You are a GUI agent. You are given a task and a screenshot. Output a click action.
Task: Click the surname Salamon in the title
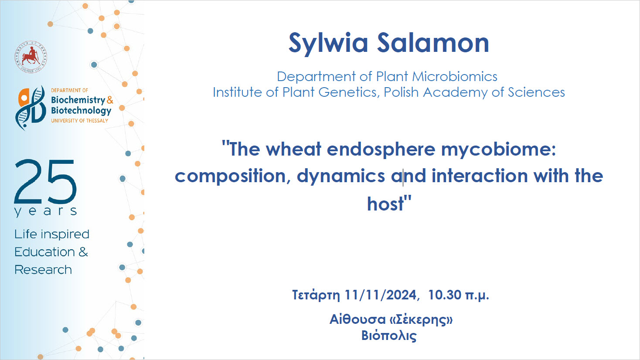point(433,43)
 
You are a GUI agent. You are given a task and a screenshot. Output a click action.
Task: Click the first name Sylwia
point(328,44)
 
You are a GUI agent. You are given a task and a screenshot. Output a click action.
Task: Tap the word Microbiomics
point(455,77)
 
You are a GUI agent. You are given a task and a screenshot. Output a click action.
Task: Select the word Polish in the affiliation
point(401,92)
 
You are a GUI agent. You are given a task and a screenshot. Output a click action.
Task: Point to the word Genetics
point(349,92)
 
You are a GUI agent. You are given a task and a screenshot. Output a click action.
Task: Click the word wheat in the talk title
point(294,149)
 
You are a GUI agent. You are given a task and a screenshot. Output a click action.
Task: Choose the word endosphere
point(381,150)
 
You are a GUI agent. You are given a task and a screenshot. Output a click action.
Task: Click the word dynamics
point(341,176)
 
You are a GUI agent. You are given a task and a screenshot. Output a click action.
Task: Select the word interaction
point(480,176)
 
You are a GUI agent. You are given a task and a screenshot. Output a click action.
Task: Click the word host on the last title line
point(385,204)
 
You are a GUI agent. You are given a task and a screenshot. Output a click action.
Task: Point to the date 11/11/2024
point(381,295)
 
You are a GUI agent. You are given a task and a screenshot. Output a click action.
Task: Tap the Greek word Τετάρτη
point(316,295)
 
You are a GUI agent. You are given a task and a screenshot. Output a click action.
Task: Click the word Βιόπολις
point(389,336)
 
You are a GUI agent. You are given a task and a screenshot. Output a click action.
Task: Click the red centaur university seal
point(31,57)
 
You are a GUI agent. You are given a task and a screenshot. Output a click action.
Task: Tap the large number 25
point(45,181)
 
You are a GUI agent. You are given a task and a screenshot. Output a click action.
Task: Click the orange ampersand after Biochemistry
point(110,100)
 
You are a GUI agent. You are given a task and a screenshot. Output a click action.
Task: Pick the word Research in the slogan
point(43,270)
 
